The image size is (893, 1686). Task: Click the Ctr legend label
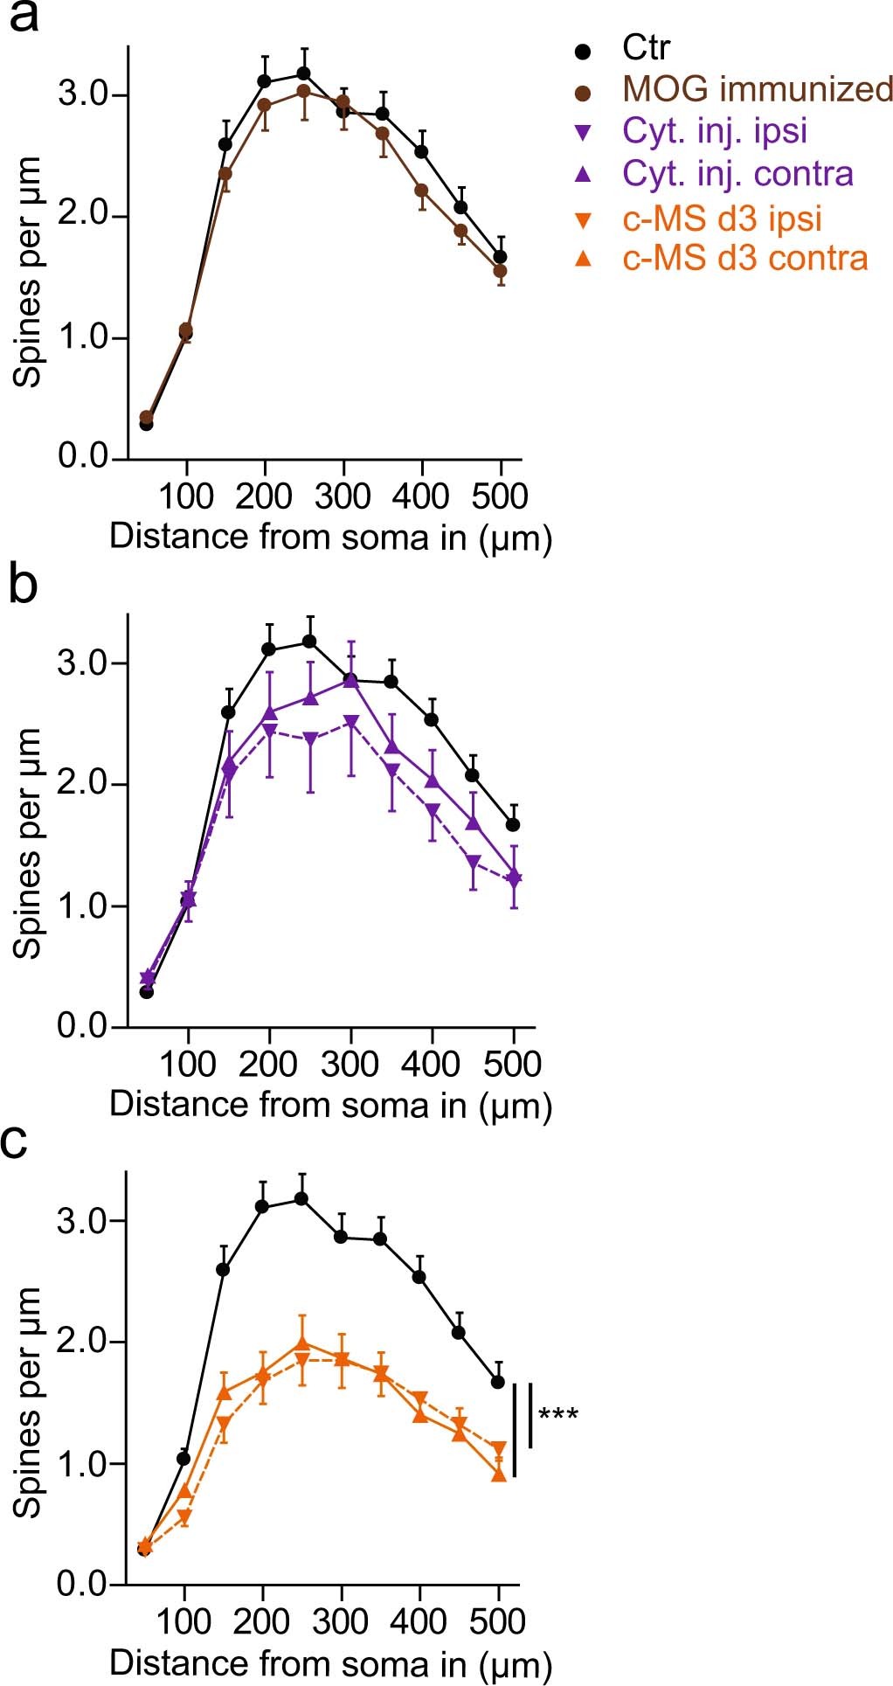646,48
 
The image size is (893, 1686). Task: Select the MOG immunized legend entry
757,90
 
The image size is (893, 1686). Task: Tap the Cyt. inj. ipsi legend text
714,131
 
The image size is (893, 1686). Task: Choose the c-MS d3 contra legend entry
744,259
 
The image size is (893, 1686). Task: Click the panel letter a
23,17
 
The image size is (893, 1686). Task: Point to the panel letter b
23,586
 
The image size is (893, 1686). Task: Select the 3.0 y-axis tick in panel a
82,94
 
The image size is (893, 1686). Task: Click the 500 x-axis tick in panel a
499,496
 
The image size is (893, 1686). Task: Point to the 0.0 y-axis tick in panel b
82,1026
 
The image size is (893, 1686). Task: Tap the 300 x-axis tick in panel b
350,1065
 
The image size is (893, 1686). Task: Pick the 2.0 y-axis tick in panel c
82,1342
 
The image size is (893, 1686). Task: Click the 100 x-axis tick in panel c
183,1621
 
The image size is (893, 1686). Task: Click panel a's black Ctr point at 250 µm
303,73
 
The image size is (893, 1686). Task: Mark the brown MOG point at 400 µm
421,191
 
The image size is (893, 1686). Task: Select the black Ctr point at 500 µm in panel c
498,1382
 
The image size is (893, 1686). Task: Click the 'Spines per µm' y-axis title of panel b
28,843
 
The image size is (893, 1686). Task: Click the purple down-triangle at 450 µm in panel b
474,863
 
